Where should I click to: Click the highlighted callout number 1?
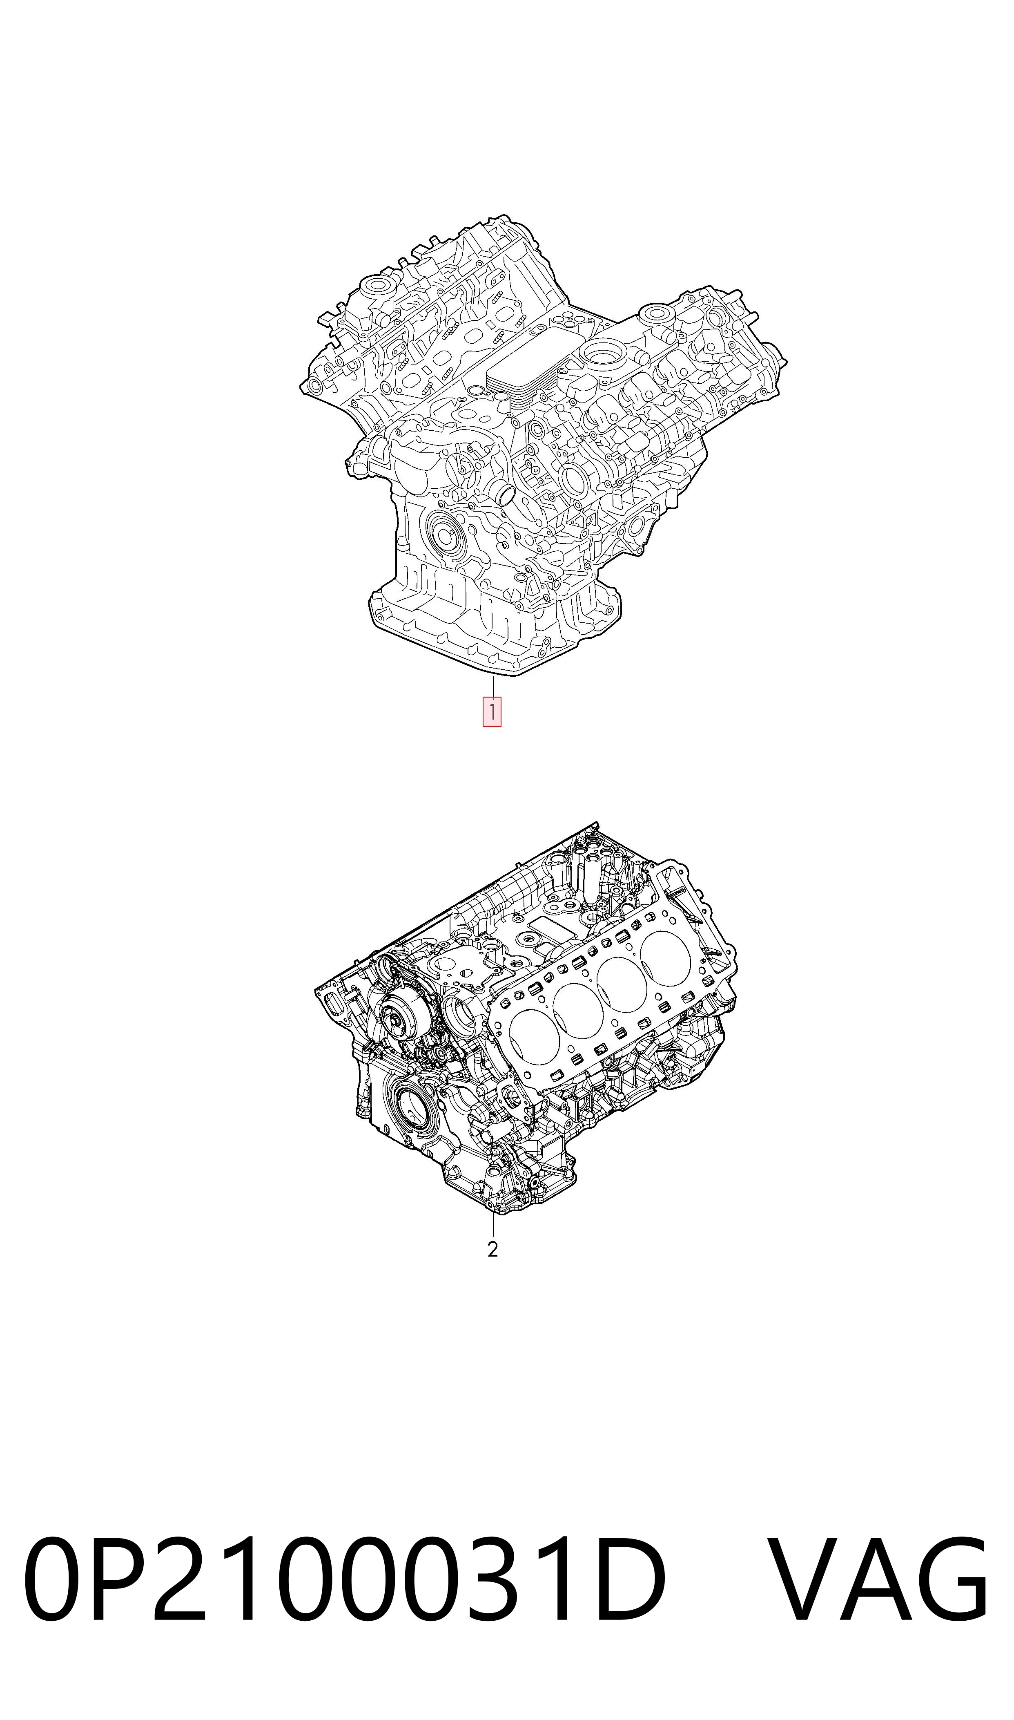coord(492,711)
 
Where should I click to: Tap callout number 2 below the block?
coord(493,1249)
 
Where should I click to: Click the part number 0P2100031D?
coord(345,1589)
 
